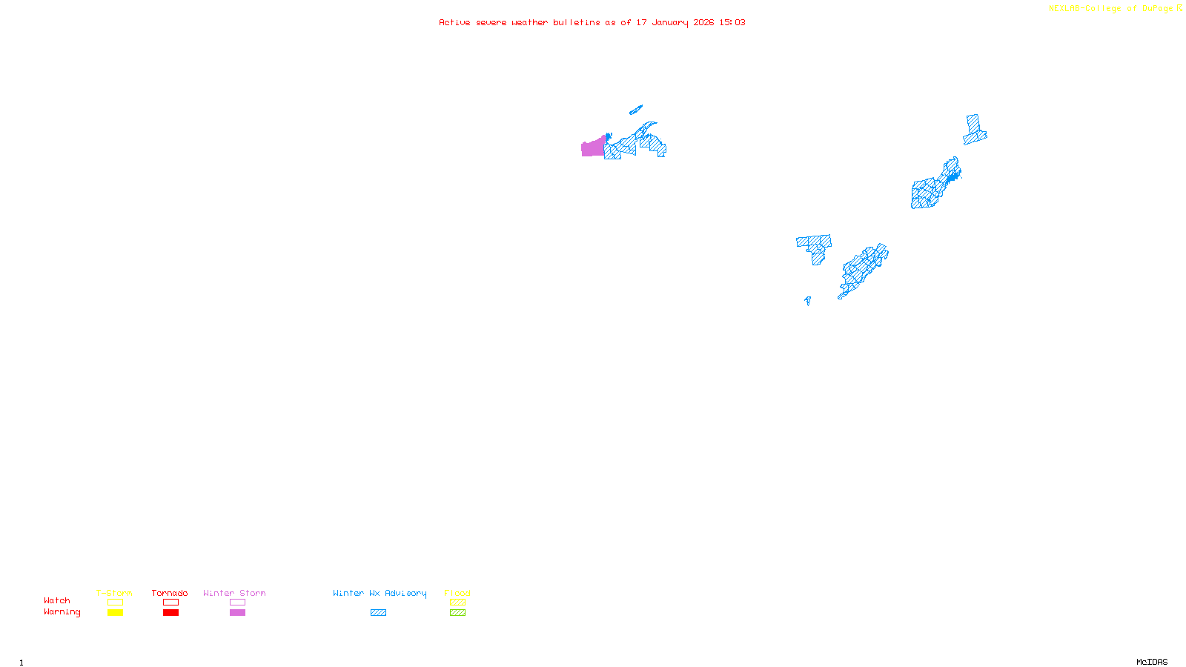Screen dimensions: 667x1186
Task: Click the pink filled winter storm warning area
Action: pyautogui.click(x=592, y=148)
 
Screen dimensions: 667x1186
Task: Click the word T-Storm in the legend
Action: pyautogui.click(x=114, y=593)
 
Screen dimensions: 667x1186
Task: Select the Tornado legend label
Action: pyautogui.click(x=170, y=593)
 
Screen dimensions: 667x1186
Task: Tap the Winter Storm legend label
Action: pyautogui.click(x=234, y=593)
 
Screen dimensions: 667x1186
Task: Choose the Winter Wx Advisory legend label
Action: pyautogui.click(x=380, y=593)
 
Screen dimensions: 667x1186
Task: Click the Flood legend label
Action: pyautogui.click(x=457, y=593)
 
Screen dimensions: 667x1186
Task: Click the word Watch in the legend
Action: pyautogui.click(x=57, y=600)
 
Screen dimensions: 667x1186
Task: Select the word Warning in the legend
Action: pyautogui.click(x=62, y=612)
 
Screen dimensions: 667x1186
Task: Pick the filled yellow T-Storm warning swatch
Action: pyautogui.click(x=115, y=613)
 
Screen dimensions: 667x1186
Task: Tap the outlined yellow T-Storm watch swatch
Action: pyautogui.click(x=115, y=603)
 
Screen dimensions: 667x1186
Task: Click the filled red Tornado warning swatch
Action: pyautogui.click(x=170, y=613)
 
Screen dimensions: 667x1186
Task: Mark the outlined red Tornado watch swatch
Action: pyautogui.click(x=170, y=603)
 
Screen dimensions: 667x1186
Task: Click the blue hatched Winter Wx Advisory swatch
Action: pyautogui.click(x=378, y=613)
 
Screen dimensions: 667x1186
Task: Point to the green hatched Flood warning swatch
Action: pyautogui.click(x=457, y=613)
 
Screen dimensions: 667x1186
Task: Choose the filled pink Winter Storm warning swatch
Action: pyautogui.click(x=237, y=613)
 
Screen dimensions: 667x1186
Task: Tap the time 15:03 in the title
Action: pyautogui.click(x=732, y=22)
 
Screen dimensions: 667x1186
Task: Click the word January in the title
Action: pyautogui.click(x=670, y=22)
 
